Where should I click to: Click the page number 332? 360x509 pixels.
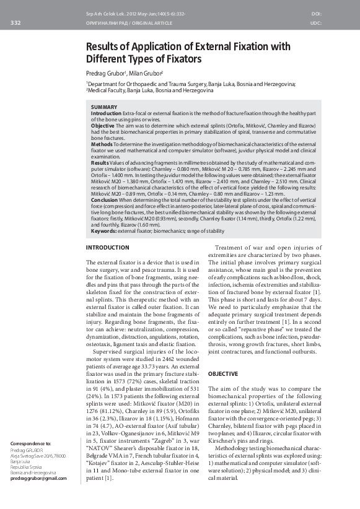tap(15, 23)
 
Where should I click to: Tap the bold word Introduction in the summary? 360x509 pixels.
tap(106, 113)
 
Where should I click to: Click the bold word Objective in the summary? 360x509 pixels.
tap(102, 126)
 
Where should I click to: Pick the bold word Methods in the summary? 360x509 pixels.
tap(102, 144)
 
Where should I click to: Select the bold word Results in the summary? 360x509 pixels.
tap(100, 162)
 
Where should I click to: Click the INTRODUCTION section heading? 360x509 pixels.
tap(107, 248)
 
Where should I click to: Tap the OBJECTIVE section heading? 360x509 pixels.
tap(222, 374)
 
